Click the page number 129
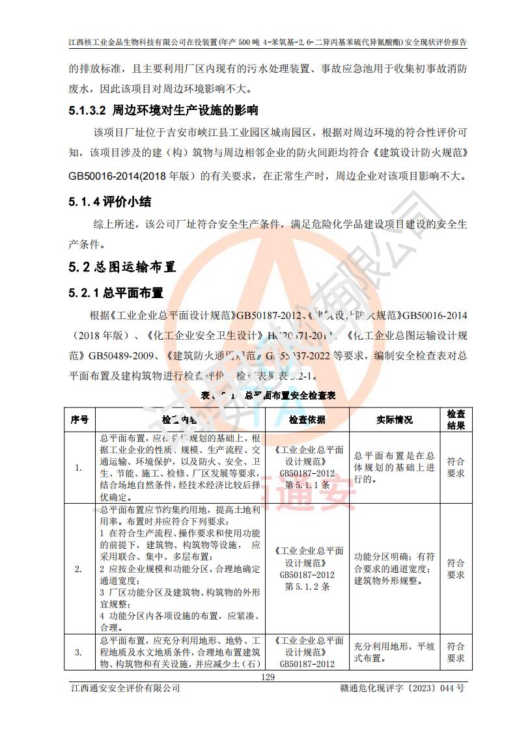268,678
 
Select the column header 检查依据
307,420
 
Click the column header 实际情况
395,420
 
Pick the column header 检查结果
456,420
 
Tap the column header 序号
79,420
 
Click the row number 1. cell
79,467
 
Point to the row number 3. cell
79,652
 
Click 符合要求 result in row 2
456,569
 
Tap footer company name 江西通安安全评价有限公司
124,689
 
